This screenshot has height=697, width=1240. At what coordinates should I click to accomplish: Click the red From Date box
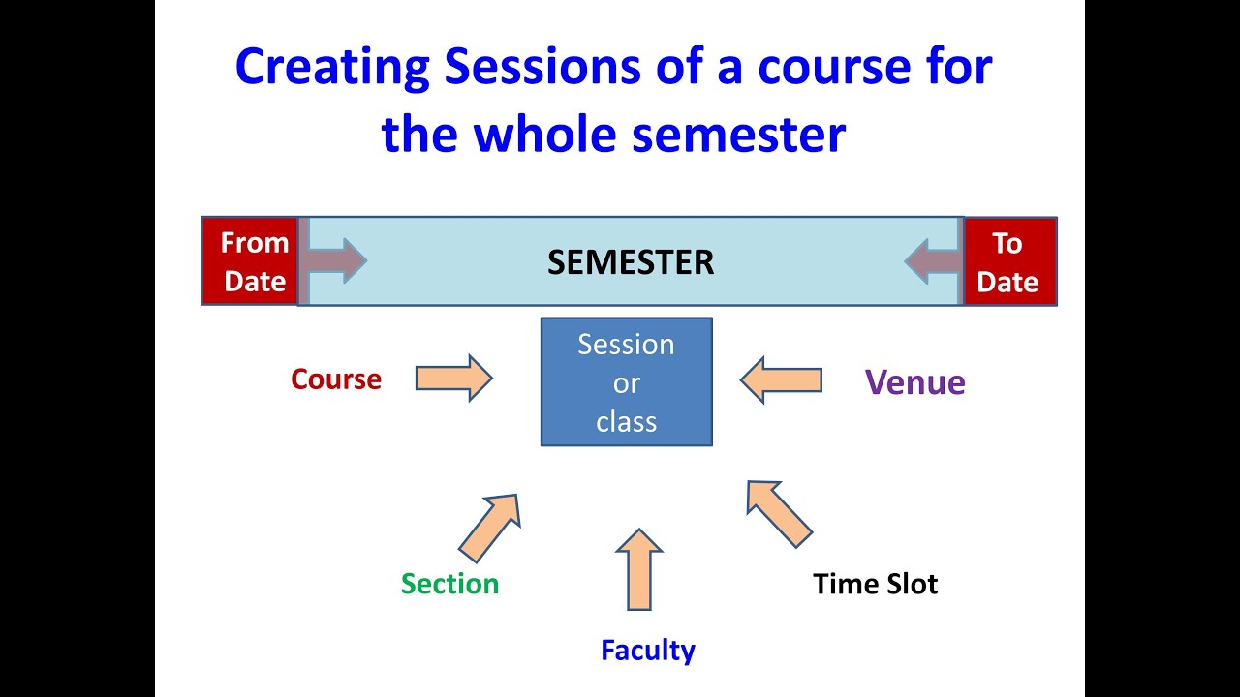tap(253, 261)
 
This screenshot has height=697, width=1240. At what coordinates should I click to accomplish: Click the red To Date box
tap(1008, 261)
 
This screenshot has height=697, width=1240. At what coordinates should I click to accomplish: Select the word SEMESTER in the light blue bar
tap(631, 262)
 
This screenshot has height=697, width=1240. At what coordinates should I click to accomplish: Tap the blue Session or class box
tap(626, 382)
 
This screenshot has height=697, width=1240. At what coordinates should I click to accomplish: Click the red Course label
tap(336, 379)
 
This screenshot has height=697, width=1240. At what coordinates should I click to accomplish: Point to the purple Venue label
tap(914, 382)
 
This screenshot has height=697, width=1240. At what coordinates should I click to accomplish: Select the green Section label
tap(449, 584)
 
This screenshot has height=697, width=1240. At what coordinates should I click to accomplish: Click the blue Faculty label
tap(647, 650)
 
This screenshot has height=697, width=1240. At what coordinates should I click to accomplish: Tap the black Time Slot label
tap(875, 584)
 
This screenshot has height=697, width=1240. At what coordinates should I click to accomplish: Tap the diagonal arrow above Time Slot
tap(777, 512)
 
